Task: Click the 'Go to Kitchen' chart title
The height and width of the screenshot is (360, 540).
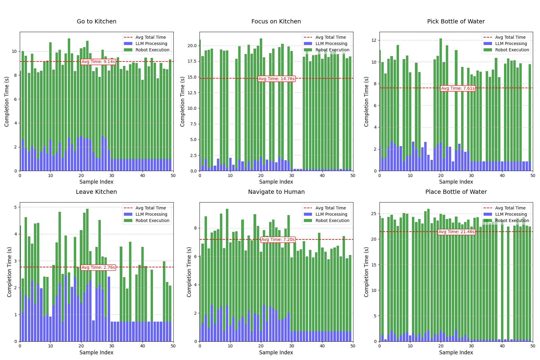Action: coord(96,22)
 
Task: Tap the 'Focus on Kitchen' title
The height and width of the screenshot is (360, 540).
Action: coord(276,22)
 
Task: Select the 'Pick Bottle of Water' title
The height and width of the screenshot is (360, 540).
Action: coord(456,22)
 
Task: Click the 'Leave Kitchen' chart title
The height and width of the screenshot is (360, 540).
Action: coord(96,192)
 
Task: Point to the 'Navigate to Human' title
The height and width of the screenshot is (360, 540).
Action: coord(276,192)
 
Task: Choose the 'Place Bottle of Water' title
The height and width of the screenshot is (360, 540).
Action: coord(456,192)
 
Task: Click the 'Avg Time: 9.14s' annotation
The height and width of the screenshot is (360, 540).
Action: coord(98,62)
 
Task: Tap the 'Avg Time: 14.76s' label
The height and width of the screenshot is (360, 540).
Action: coord(277,79)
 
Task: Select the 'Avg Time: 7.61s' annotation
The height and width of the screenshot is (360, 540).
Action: coord(458,88)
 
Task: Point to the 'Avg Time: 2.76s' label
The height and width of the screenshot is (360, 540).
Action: coord(98,267)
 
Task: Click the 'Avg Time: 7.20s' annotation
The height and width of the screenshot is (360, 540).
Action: coord(278,240)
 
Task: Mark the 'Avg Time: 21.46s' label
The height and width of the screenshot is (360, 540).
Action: coord(456,232)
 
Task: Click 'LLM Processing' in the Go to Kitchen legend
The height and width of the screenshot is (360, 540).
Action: coord(151,44)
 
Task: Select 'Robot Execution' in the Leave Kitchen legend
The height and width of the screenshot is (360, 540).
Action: coord(152,220)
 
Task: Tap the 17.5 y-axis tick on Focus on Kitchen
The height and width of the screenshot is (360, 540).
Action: coord(193,61)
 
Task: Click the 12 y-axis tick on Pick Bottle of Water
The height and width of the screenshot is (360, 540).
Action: coord(374,40)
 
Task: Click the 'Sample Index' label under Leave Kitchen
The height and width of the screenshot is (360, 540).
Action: coord(96,352)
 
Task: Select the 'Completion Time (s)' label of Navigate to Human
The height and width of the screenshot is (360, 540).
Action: coord(189,272)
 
